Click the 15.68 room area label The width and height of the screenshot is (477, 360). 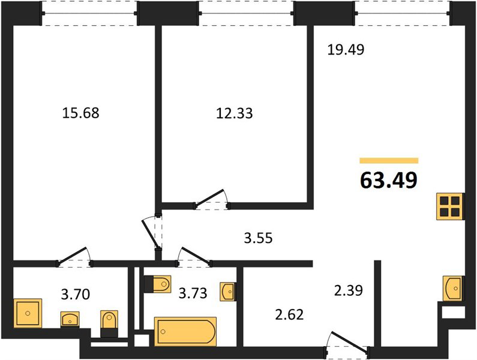click(80, 113)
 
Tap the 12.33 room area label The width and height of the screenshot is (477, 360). click(234, 113)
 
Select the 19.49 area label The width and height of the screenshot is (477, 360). click(346, 49)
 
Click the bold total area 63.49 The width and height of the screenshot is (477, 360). click(388, 181)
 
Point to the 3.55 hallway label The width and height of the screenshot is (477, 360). click(258, 238)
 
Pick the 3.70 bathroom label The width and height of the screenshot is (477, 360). click(76, 294)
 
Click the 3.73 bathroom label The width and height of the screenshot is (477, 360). click(193, 293)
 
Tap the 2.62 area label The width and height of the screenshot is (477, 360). click(289, 314)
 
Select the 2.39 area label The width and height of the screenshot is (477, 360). click(349, 290)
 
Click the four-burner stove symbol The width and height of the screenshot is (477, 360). click(450, 206)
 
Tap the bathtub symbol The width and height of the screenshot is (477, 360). click(185, 331)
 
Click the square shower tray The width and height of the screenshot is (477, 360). click(28, 313)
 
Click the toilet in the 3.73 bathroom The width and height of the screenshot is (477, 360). click(158, 284)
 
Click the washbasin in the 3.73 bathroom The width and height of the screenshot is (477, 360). click(227, 292)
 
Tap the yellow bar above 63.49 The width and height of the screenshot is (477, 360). click(389, 161)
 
